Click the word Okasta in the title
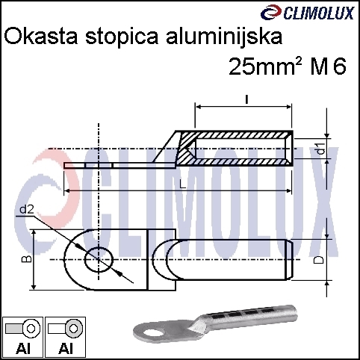pyautogui.click(x=41, y=37)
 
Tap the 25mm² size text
pyautogui.click(x=265, y=66)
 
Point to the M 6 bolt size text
pyautogui.click(x=328, y=66)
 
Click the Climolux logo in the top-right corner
pyautogui.click(x=307, y=13)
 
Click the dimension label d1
pyautogui.click(x=322, y=148)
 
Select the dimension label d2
pyautogui.click(x=27, y=210)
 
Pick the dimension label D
pyautogui.click(x=319, y=259)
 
